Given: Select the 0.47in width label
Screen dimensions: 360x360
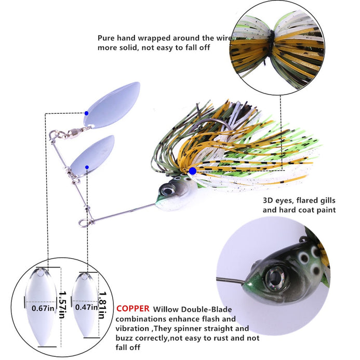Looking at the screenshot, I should pos(87,307).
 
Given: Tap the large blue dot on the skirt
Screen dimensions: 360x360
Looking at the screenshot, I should pos(193,170).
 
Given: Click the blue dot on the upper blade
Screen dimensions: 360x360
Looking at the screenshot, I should pos(86,113).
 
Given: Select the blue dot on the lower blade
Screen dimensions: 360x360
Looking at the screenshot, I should pos(87,167).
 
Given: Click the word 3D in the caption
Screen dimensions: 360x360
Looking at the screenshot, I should pos(269,200).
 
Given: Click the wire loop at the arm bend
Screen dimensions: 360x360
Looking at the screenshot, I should pos(89,220).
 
